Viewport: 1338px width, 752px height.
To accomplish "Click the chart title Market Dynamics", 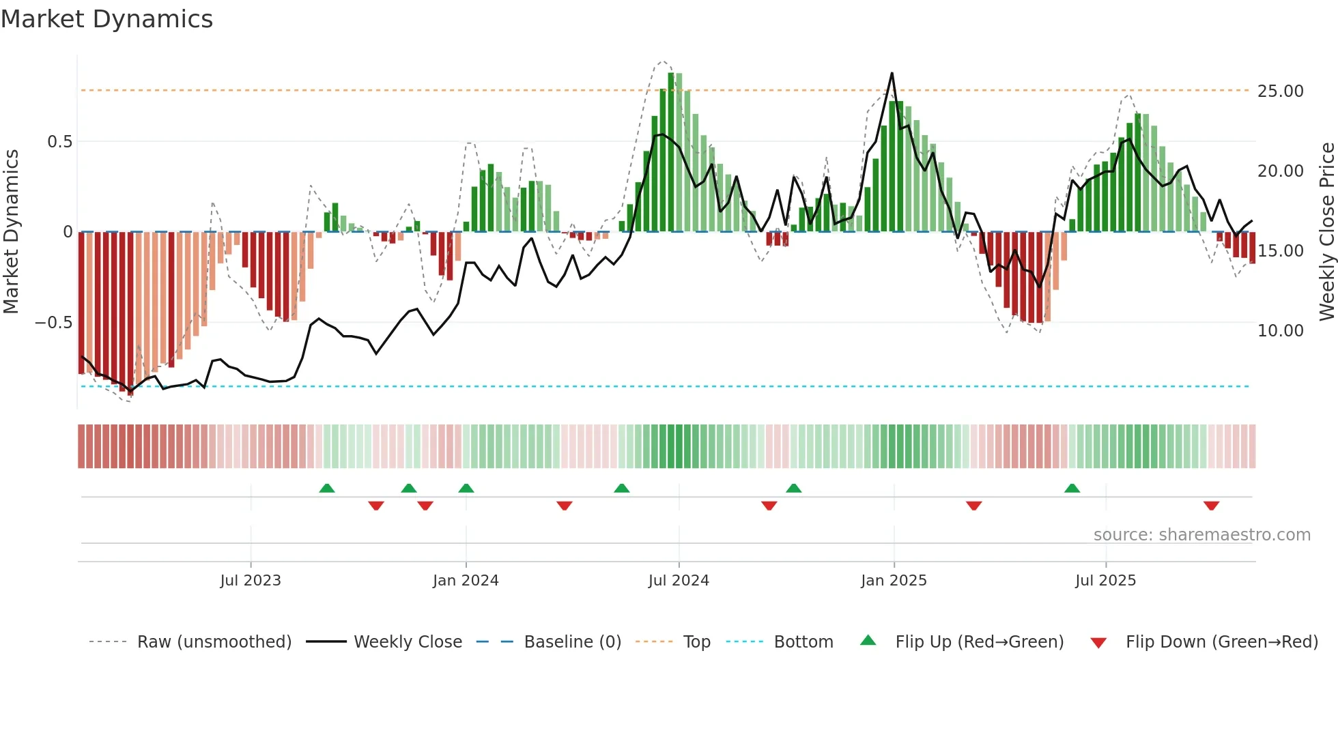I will pos(107,19).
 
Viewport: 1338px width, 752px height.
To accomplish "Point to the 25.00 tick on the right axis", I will pos(1280,91).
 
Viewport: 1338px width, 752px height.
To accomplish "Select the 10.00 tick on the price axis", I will pos(1280,331).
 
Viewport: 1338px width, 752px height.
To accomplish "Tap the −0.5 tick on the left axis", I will pos(54,323).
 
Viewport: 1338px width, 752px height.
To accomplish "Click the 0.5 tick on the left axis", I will pos(59,142).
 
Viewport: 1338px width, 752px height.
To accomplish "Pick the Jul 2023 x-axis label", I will pos(251,581).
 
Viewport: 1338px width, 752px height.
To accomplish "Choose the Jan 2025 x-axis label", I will pos(894,581).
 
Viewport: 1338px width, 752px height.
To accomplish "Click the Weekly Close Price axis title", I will pos(1326,232).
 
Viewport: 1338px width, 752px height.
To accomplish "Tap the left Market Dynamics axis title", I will pos(11,232).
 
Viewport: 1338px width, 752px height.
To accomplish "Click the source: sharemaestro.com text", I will pos(1201,535).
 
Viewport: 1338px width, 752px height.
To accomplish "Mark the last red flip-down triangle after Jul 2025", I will pos(1211,506).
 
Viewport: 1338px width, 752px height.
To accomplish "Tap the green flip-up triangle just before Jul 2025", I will pos(1072,489).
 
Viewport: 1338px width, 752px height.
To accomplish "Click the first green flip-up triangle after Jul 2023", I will pos(327,489).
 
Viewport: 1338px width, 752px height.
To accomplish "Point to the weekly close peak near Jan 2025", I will pos(892,74).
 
